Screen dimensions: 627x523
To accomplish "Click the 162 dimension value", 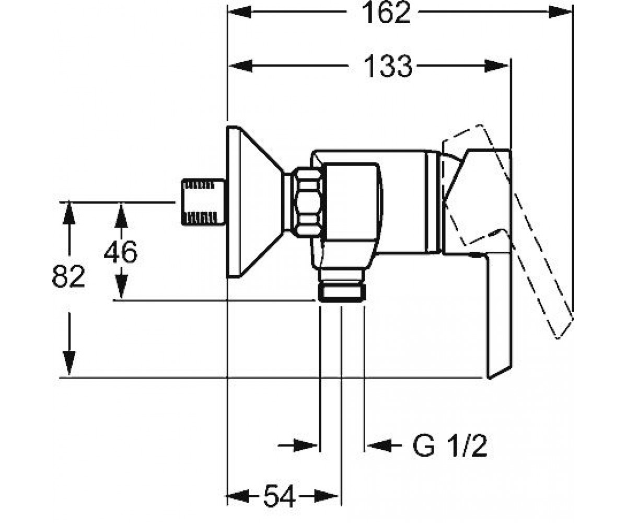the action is (386, 13).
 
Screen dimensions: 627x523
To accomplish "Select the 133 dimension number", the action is (388, 66).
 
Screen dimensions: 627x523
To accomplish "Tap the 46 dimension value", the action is (120, 252).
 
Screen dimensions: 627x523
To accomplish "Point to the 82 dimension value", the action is (68, 276).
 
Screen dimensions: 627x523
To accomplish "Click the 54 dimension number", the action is (280, 496).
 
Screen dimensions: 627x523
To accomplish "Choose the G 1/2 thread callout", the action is (450, 446).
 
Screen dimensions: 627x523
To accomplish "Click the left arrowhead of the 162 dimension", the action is (240, 12).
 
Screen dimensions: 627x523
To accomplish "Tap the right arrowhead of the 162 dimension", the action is (560, 12).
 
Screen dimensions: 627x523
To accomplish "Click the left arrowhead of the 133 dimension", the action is (240, 66).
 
